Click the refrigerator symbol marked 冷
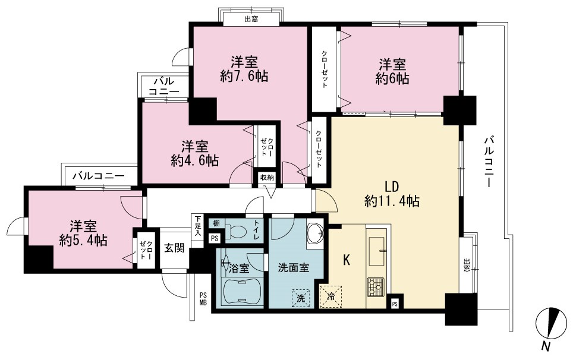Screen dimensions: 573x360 (331, 296)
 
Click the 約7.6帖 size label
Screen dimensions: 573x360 (244, 76)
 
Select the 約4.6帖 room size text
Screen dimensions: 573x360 (195, 160)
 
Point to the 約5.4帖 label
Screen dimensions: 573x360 (83, 240)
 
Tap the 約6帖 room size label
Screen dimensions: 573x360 (392, 78)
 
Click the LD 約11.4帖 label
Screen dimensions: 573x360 (392, 194)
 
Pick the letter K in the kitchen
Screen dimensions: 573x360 (347, 260)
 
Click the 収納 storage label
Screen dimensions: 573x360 (267, 178)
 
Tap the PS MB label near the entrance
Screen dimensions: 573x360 (203, 298)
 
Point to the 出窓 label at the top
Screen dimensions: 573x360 (251, 19)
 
